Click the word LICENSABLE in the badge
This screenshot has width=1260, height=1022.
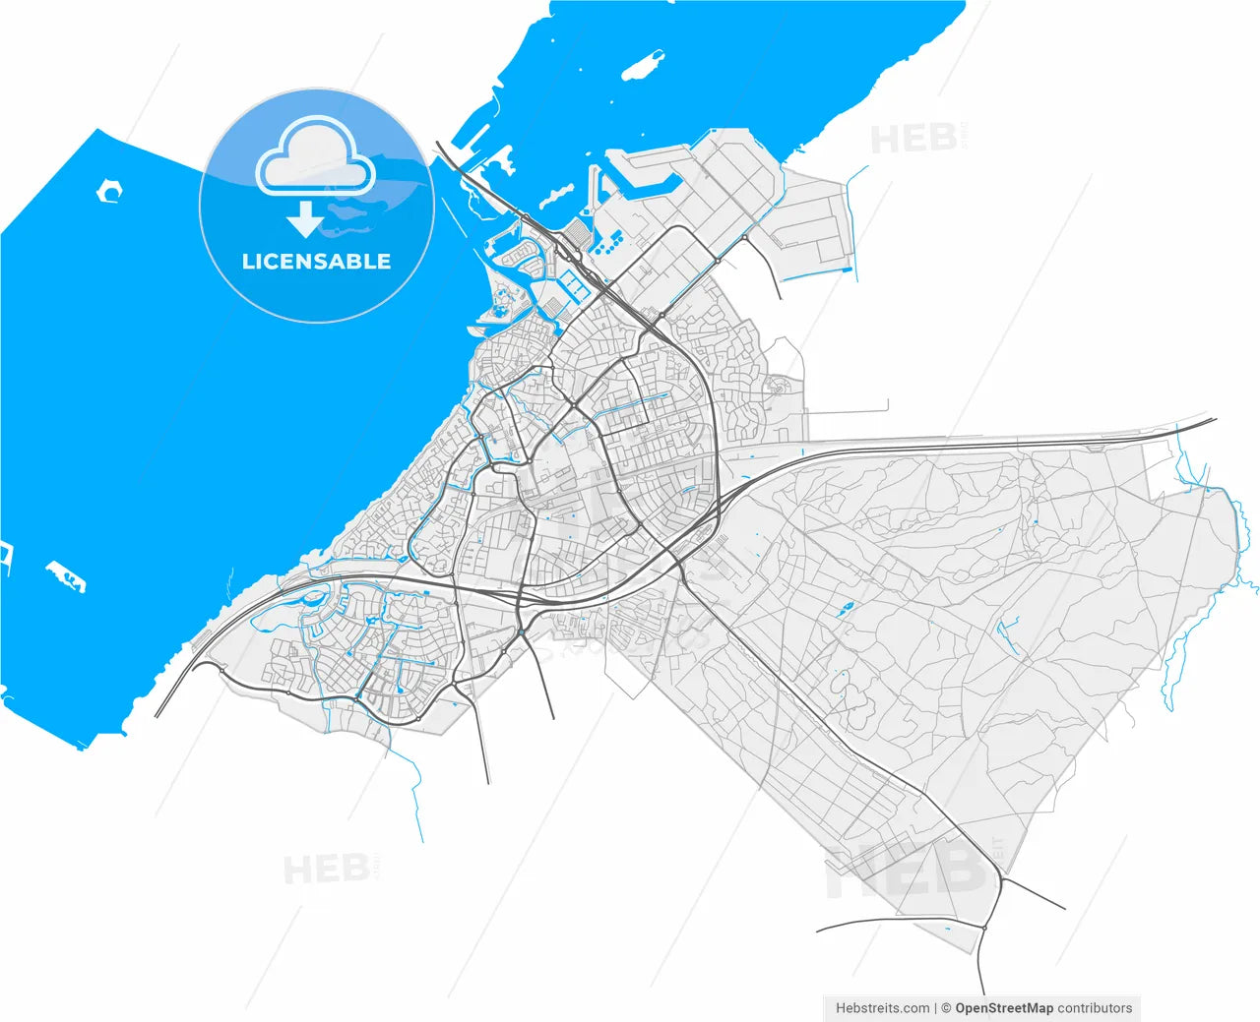click(x=316, y=262)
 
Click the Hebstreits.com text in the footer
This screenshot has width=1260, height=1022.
click(x=882, y=1008)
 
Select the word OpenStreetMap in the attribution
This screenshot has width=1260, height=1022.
click(x=1004, y=1008)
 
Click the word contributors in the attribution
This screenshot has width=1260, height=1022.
click(x=1095, y=1008)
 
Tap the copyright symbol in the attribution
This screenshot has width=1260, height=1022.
click(x=946, y=1008)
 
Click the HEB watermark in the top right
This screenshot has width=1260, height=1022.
click(x=913, y=139)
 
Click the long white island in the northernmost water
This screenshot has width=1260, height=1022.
click(x=641, y=66)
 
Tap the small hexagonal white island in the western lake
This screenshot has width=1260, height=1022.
click(x=109, y=191)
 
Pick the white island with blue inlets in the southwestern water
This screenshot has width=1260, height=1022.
click(x=66, y=576)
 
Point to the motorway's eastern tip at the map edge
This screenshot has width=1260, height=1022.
click(x=1215, y=420)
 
